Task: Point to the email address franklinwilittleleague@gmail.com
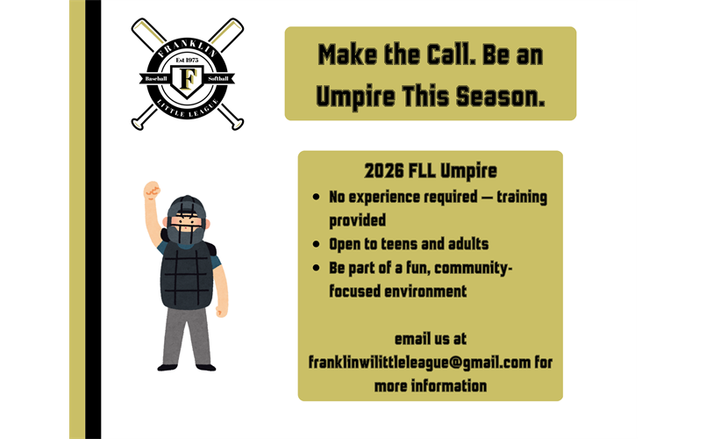point(419,362)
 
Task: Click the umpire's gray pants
point(187,334)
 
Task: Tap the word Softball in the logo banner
point(218,79)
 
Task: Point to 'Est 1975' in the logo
point(186,60)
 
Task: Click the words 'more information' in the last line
point(430,385)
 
